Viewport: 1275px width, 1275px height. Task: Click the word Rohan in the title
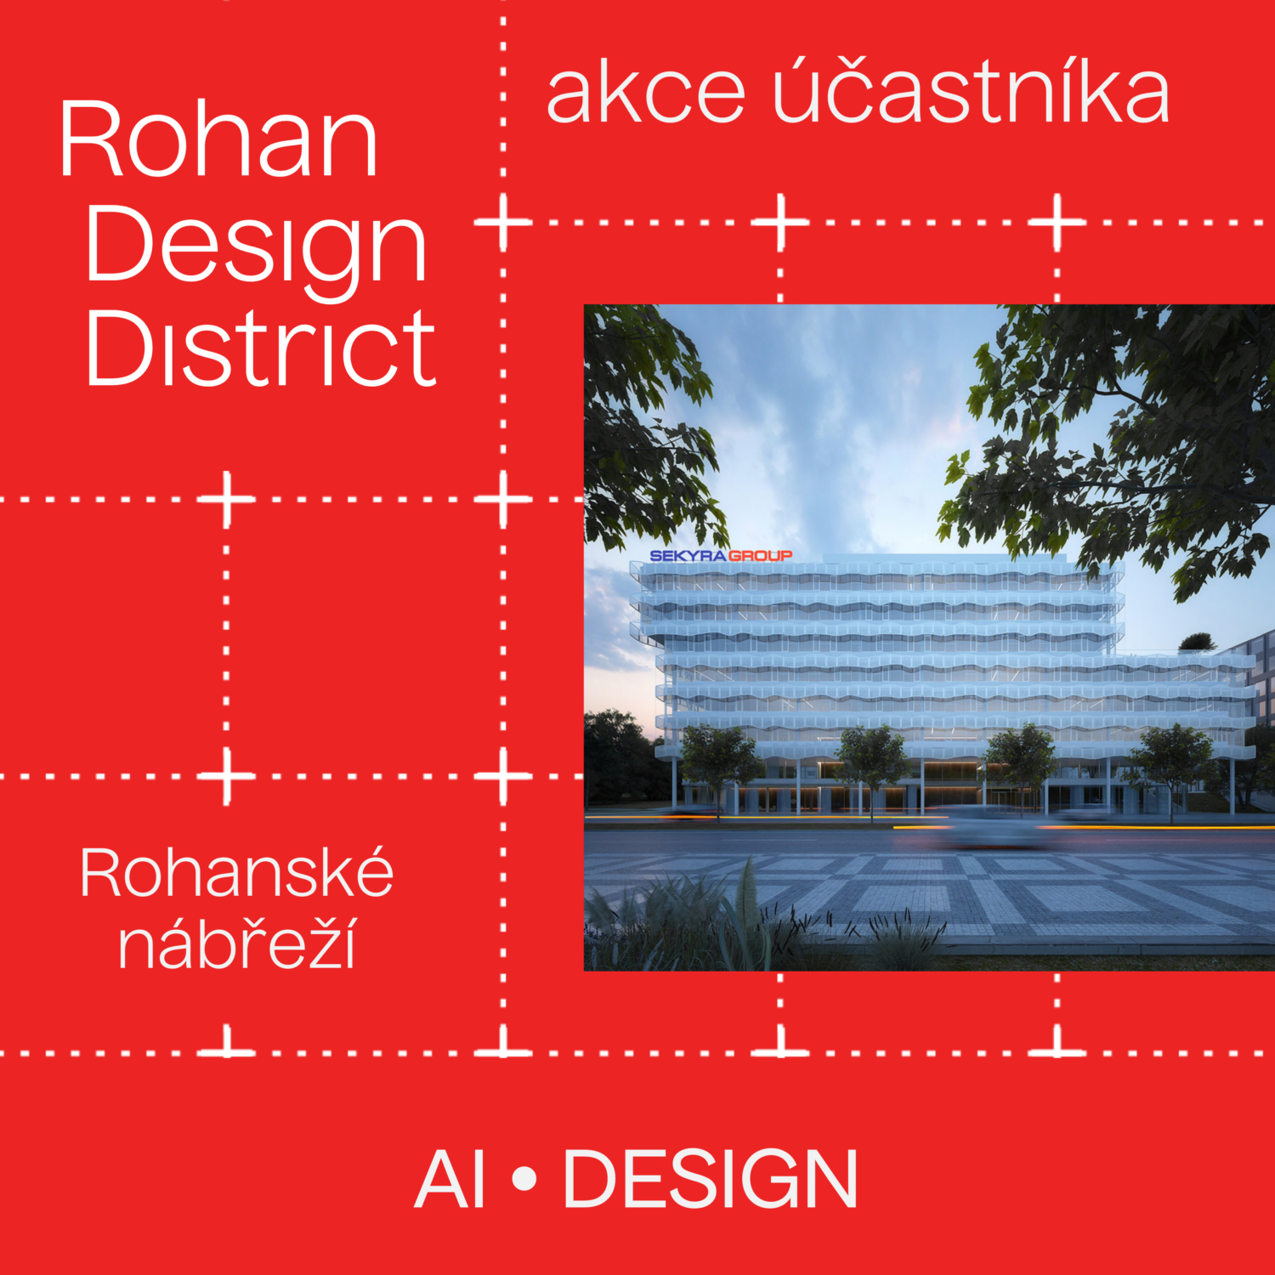click(x=218, y=139)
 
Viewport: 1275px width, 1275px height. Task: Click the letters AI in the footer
click(x=450, y=1179)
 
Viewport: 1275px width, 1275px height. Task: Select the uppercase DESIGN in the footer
click(x=711, y=1179)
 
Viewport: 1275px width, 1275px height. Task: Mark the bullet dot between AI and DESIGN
click(x=525, y=1179)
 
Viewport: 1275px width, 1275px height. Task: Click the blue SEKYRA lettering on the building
click(x=688, y=556)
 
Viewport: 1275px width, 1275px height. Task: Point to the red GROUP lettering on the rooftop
click(x=761, y=556)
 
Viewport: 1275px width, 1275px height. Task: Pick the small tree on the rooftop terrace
click(x=1197, y=642)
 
